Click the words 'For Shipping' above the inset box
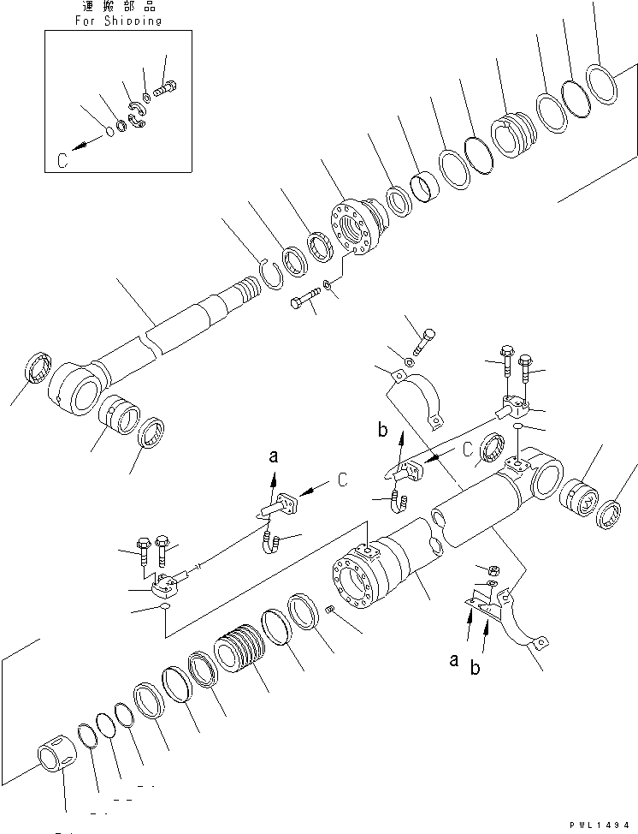(107, 21)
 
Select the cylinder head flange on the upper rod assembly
(355, 227)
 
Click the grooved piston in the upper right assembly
(513, 136)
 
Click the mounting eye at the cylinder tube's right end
(539, 476)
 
